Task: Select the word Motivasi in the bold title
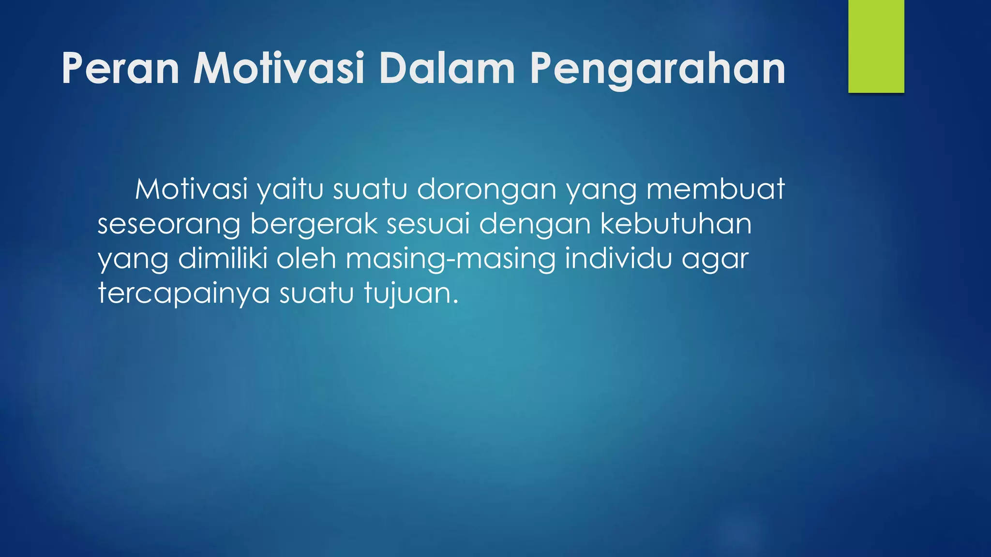click(x=279, y=69)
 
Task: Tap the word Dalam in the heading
click(x=447, y=69)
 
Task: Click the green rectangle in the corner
click(x=876, y=46)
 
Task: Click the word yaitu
click(x=290, y=190)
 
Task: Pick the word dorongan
click(x=486, y=190)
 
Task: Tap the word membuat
click(x=716, y=189)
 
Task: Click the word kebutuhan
click(x=676, y=224)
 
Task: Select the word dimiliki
click(x=223, y=259)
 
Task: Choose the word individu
click(x=618, y=259)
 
